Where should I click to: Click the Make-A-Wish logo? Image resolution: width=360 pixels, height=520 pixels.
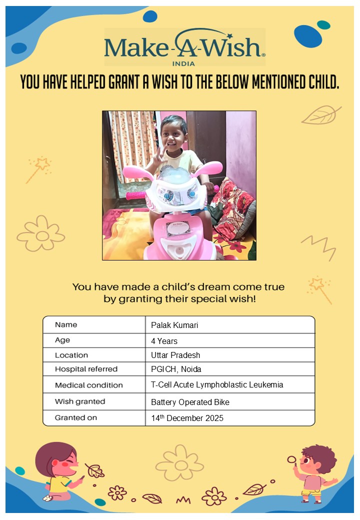click(184, 46)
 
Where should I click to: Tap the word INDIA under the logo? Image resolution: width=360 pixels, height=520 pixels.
click(183, 63)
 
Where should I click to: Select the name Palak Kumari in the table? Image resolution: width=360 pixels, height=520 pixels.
click(174, 325)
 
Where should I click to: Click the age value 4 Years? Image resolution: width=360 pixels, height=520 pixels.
click(164, 341)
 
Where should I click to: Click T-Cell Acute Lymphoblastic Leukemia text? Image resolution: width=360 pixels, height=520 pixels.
click(217, 385)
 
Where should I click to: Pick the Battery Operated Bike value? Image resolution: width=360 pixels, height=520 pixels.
click(190, 402)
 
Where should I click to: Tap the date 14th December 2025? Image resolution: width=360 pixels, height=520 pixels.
click(187, 418)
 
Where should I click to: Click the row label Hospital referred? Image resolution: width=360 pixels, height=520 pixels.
click(86, 369)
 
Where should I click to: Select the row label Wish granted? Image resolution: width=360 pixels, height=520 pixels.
click(80, 401)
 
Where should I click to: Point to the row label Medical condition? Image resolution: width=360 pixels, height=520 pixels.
click(88, 385)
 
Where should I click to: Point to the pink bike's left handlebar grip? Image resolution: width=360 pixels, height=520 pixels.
click(135, 195)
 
